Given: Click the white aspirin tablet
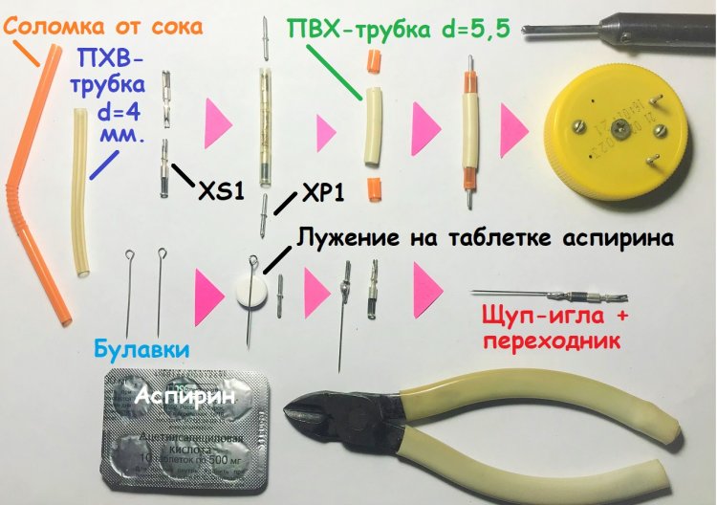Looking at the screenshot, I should pos(251,291).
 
